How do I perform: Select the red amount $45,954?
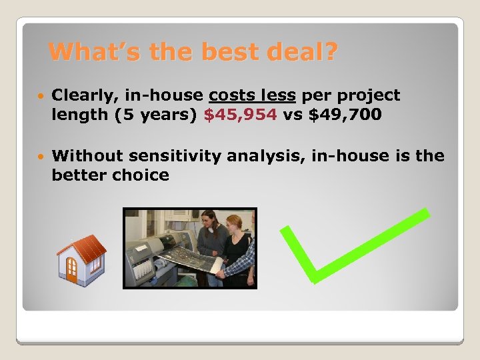pyautogui.click(x=240, y=115)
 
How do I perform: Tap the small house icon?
pyautogui.click(x=81, y=259)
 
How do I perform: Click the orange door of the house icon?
pyautogui.click(x=71, y=270)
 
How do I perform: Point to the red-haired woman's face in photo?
pyautogui.click(x=234, y=223)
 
